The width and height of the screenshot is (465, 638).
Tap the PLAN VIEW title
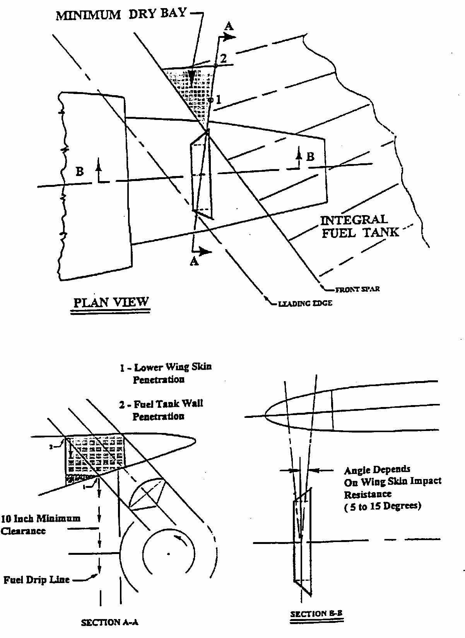111,302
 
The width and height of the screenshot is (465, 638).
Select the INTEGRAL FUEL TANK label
360,226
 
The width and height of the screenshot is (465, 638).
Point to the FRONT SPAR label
357,289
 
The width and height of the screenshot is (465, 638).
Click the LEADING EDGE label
305,303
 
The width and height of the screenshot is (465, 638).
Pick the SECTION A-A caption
109,622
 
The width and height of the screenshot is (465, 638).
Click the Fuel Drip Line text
36,580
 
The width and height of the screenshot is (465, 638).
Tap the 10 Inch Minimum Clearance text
40,524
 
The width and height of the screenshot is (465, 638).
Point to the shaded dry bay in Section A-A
93,455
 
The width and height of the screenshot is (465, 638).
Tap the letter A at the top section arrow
229,26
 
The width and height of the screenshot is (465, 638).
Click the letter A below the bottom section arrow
194,262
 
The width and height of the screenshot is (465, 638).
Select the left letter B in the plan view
79,171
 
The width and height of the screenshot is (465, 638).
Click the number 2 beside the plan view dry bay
223,58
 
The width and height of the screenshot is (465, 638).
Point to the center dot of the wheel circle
168,554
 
